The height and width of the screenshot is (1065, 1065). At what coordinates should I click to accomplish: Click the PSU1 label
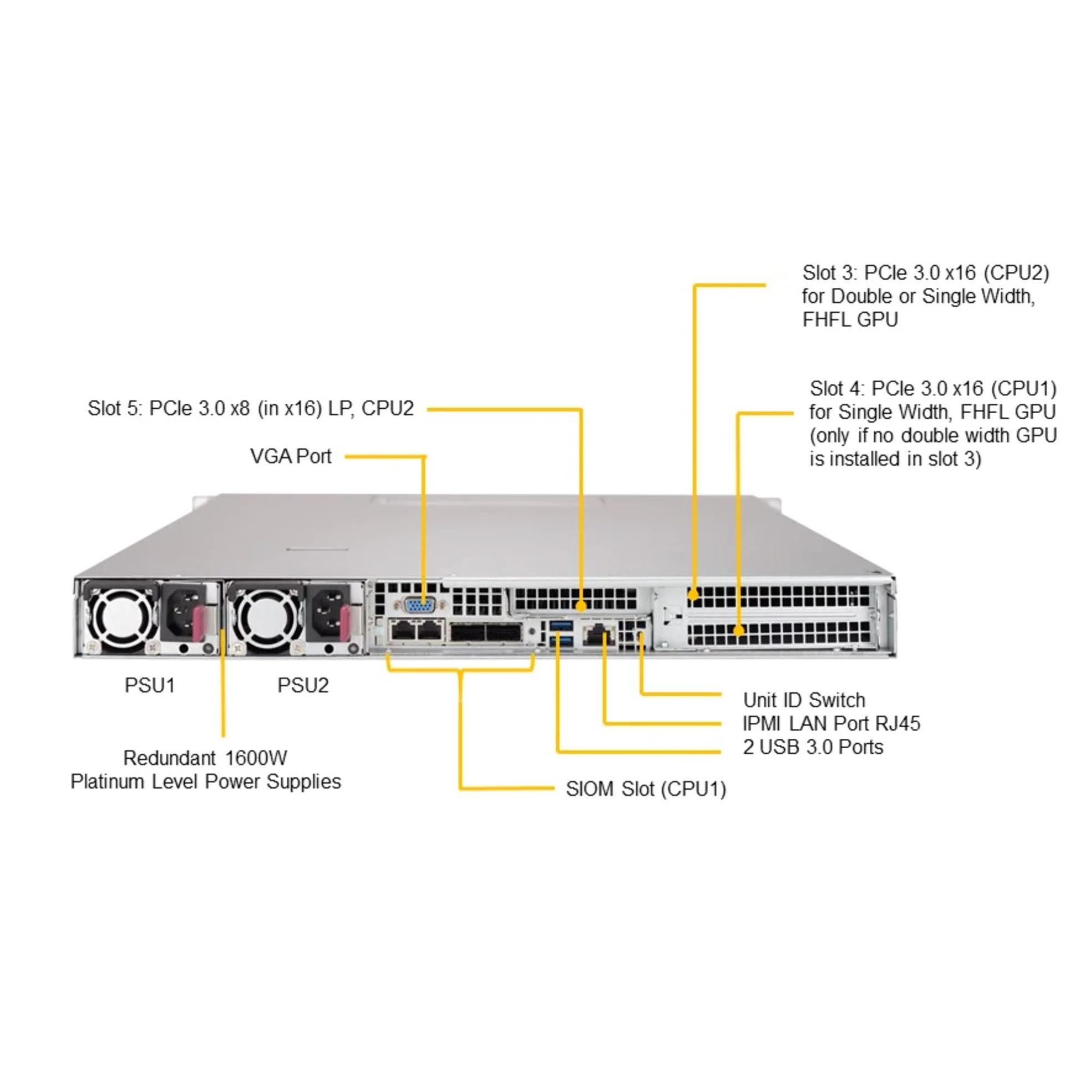pyautogui.click(x=150, y=686)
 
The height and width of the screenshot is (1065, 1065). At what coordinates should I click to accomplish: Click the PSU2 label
pyautogui.click(x=303, y=686)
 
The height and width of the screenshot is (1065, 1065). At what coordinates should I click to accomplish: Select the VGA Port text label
pyautogui.click(x=291, y=457)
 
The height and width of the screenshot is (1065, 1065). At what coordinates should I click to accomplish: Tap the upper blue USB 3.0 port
pyautogui.click(x=561, y=626)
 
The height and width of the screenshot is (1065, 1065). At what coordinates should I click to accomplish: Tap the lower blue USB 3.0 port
pyautogui.click(x=561, y=642)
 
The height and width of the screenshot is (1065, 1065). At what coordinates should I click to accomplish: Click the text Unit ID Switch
pyautogui.click(x=804, y=700)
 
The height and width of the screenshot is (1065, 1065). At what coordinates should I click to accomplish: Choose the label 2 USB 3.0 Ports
pyautogui.click(x=813, y=747)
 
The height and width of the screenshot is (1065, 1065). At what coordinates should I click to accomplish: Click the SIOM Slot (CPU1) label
pyautogui.click(x=646, y=789)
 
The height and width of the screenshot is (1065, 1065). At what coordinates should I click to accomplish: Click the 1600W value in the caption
pyautogui.click(x=256, y=758)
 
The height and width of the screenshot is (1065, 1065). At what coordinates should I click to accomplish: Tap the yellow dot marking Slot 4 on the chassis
pyautogui.click(x=738, y=631)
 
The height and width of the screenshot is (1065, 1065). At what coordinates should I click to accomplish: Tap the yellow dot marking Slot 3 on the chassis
pyautogui.click(x=694, y=596)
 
